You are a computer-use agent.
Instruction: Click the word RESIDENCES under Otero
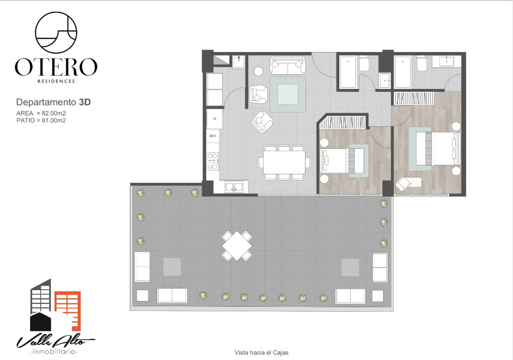click(56, 81)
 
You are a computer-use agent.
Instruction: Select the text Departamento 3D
click(53, 102)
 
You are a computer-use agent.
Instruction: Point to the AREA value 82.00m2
click(54, 113)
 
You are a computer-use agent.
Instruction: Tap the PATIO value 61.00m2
click(54, 120)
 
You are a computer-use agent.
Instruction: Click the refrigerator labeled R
click(215, 119)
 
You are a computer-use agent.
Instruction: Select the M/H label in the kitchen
click(213, 136)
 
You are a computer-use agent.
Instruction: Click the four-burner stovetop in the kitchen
click(213, 162)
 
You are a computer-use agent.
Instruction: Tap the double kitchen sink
click(234, 187)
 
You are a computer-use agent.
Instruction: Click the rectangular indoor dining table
click(284, 162)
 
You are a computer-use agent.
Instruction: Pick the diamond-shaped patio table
click(237, 246)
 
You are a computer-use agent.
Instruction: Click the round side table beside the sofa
click(258, 71)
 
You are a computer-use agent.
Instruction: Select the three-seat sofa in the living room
click(288, 65)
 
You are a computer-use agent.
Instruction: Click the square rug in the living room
click(288, 94)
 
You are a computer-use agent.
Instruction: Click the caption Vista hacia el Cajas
click(261, 353)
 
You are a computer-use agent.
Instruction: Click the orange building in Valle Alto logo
click(68, 311)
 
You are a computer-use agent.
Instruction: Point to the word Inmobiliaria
click(54, 351)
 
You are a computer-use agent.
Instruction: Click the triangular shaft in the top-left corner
click(221, 60)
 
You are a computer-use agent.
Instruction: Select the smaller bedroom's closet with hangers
click(343, 122)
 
